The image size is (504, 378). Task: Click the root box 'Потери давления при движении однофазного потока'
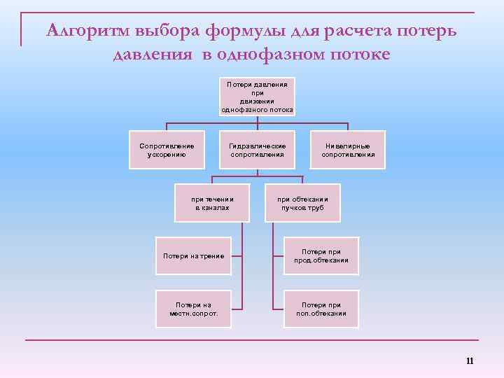click(257, 97)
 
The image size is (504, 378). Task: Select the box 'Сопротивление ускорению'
click(167, 150)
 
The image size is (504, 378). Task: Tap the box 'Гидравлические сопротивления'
click(257, 150)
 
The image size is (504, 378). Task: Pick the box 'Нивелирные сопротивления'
click(348, 150)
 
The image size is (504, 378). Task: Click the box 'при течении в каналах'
click(212, 203)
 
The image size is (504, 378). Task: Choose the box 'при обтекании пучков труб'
click(302, 203)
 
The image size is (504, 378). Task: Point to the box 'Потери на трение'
click(193, 255)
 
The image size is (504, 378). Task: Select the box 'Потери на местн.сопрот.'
click(193, 309)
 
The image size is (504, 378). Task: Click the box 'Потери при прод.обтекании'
click(321, 255)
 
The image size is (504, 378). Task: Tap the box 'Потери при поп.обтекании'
click(321, 309)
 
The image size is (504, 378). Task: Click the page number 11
click(469, 361)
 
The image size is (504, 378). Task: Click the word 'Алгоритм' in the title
click(90, 31)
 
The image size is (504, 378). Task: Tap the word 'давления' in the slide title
click(151, 55)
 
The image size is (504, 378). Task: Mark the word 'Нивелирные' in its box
click(348, 146)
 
